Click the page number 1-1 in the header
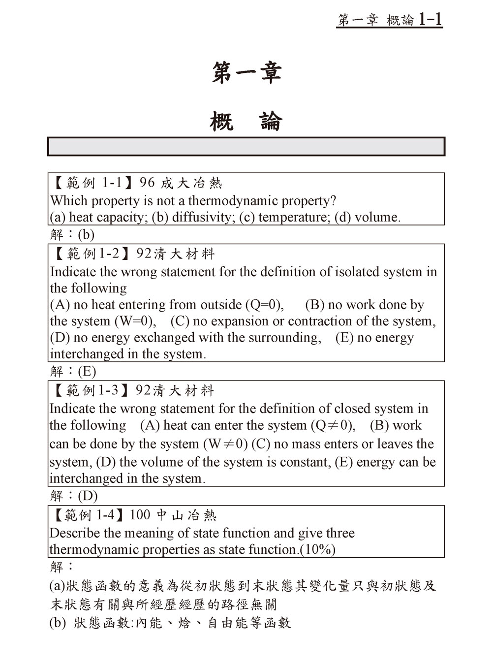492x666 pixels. [x=430, y=20]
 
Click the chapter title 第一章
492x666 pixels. [x=246, y=73]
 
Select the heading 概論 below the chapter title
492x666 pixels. [x=246, y=121]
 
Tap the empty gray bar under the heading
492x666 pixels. [x=246, y=147]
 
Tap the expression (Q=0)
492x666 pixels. [x=264, y=305]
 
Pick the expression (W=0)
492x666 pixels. [x=135, y=321]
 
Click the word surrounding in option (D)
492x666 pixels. [x=285, y=338]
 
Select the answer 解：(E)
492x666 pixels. [x=73, y=371]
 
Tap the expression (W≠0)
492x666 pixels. [x=225, y=444]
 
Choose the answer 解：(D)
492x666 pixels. [x=74, y=496]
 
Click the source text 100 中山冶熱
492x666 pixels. [x=173, y=515]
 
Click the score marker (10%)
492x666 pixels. [x=318, y=549]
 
